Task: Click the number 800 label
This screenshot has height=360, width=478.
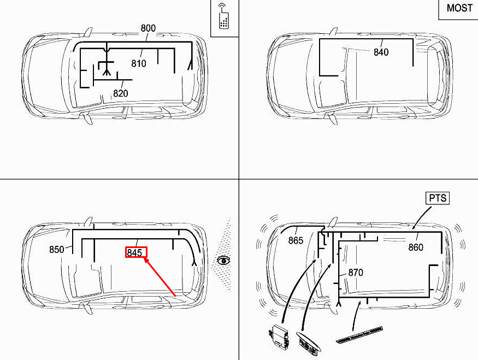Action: [148, 28]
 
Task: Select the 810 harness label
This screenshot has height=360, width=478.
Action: [139, 63]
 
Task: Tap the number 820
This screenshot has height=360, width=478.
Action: [120, 93]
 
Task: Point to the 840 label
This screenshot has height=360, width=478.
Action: [381, 52]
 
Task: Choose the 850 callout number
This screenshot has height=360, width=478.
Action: [57, 250]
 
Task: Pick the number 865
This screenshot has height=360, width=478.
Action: [296, 240]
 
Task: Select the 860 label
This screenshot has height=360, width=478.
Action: [416, 247]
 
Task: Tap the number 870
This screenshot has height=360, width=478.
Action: [356, 272]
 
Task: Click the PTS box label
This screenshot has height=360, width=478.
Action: [438, 198]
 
